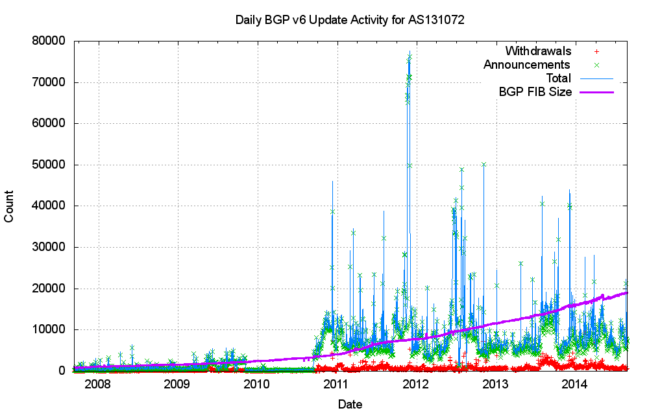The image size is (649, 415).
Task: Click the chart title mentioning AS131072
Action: tap(350, 20)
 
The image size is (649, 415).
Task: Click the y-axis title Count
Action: tap(10, 206)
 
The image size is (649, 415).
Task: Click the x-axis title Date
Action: tap(350, 404)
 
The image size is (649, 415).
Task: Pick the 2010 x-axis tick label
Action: tap(257, 385)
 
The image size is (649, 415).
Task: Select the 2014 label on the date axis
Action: tap(575, 385)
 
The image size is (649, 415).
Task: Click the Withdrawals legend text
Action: tap(538, 51)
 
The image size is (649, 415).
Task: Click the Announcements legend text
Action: tap(526, 65)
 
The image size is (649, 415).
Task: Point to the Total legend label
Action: tap(558, 78)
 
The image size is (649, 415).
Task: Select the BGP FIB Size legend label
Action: tap(535, 92)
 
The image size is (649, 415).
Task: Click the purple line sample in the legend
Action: tap(596, 92)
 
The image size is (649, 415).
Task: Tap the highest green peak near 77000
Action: tap(410, 56)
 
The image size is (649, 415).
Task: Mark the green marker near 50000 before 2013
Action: tap(484, 165)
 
